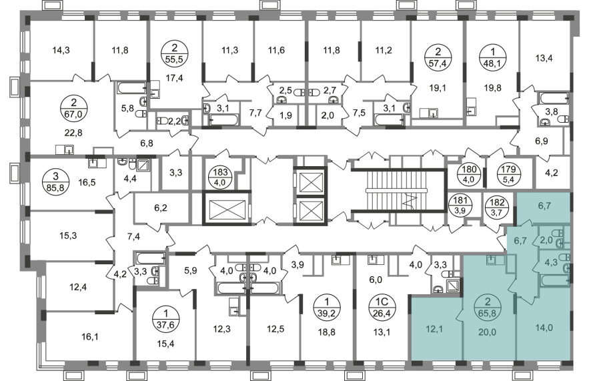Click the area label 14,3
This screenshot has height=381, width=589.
coord(61,50)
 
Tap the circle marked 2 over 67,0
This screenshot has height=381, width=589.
coord(73,109)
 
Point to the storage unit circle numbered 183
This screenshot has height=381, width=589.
coord(221,177)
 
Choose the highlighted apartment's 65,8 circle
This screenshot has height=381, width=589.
coord(487,307)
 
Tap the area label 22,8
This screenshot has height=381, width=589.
coord(73,133)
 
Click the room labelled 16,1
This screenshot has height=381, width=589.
coord(90,336)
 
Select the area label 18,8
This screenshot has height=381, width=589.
coord(326,332)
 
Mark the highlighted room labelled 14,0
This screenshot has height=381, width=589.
coord(544,328)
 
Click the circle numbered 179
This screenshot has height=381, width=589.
coord(508,175)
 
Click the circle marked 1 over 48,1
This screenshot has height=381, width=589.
coord(493,57)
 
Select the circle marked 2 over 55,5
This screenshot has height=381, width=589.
coord(174,54)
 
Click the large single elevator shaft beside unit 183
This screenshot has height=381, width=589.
coord(227,209)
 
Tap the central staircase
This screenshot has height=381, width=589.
coord(398,192)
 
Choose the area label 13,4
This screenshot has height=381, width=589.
coord(544,58)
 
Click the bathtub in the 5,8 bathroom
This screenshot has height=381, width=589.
coord(132,88)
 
